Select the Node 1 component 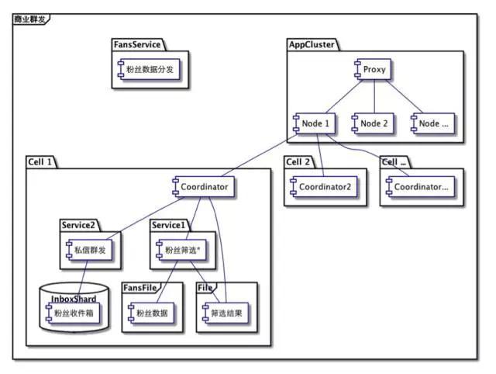tap(312, 123)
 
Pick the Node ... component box tap(432, 123)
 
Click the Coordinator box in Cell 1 tap(202, 187)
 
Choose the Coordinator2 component tap(322, 187)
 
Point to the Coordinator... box tap(419, 187)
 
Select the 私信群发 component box tap(84, 250)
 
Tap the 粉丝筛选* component tap(181, 250)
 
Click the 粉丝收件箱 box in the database tap(75, 314)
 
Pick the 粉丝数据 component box tap(149, 314)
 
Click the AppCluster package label tap(311, 45)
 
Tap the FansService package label tap(136, 45)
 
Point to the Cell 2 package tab tap(298, 161)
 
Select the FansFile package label tap(140, 287)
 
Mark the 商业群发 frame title tap(29, 17)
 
